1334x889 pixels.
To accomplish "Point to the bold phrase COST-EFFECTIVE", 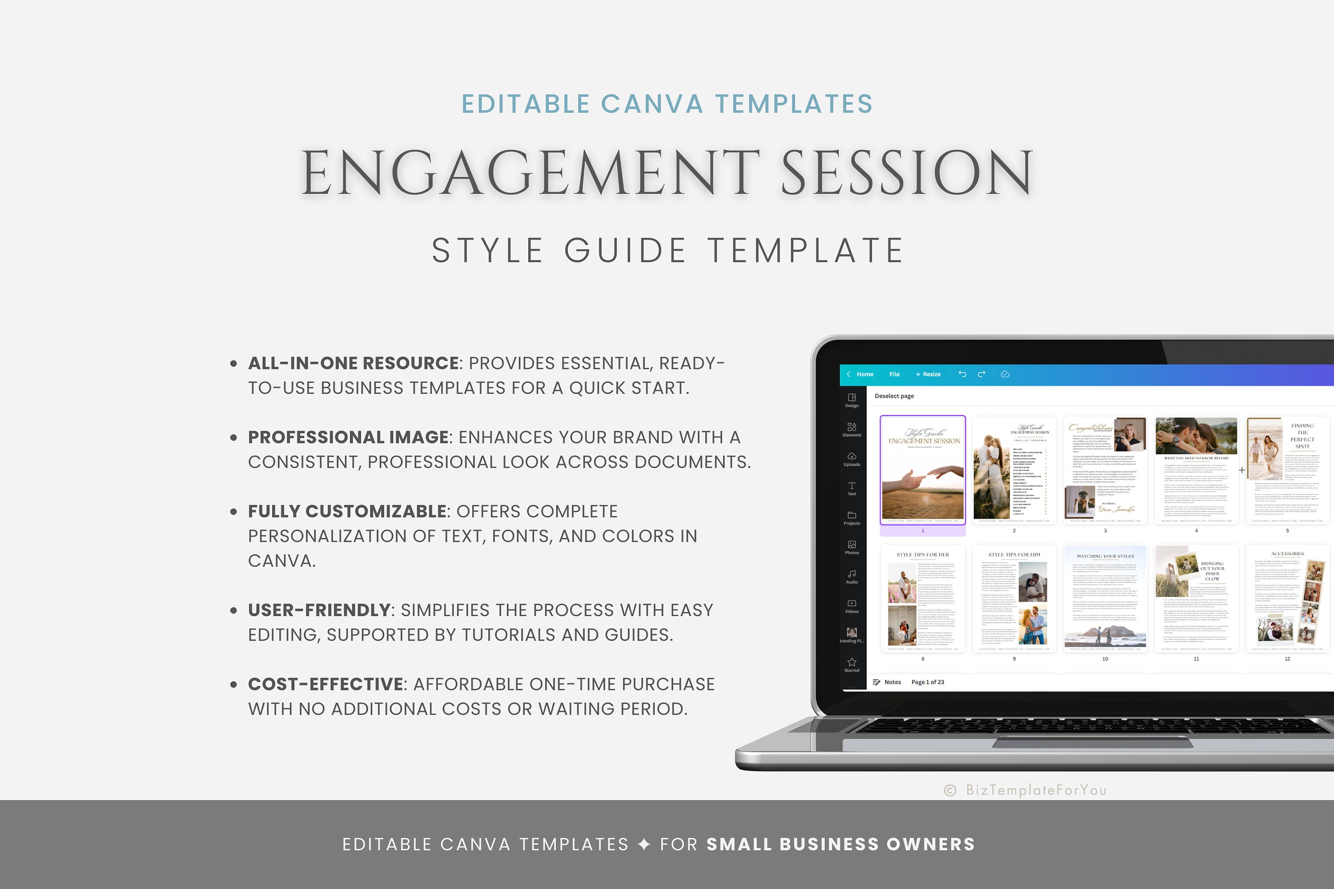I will click(325, 685).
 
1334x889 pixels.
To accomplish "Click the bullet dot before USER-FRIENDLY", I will click(233, 611).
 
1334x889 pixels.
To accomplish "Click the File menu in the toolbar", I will click(894, 374).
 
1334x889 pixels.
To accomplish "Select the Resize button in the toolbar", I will click(928, 374).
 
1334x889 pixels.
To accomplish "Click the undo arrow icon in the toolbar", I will click(963, 374).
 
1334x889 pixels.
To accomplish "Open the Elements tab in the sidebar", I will click(852, 429).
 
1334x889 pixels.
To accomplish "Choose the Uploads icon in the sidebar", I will click(852, 459).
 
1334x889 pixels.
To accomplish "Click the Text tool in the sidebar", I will click(852, 488).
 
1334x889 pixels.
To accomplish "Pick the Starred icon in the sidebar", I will click(852, 665).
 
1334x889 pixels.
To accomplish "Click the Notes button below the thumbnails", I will click(888, 682).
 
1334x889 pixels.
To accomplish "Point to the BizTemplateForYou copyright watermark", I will click(1025, 790).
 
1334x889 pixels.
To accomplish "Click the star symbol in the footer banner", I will click(644, 844).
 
